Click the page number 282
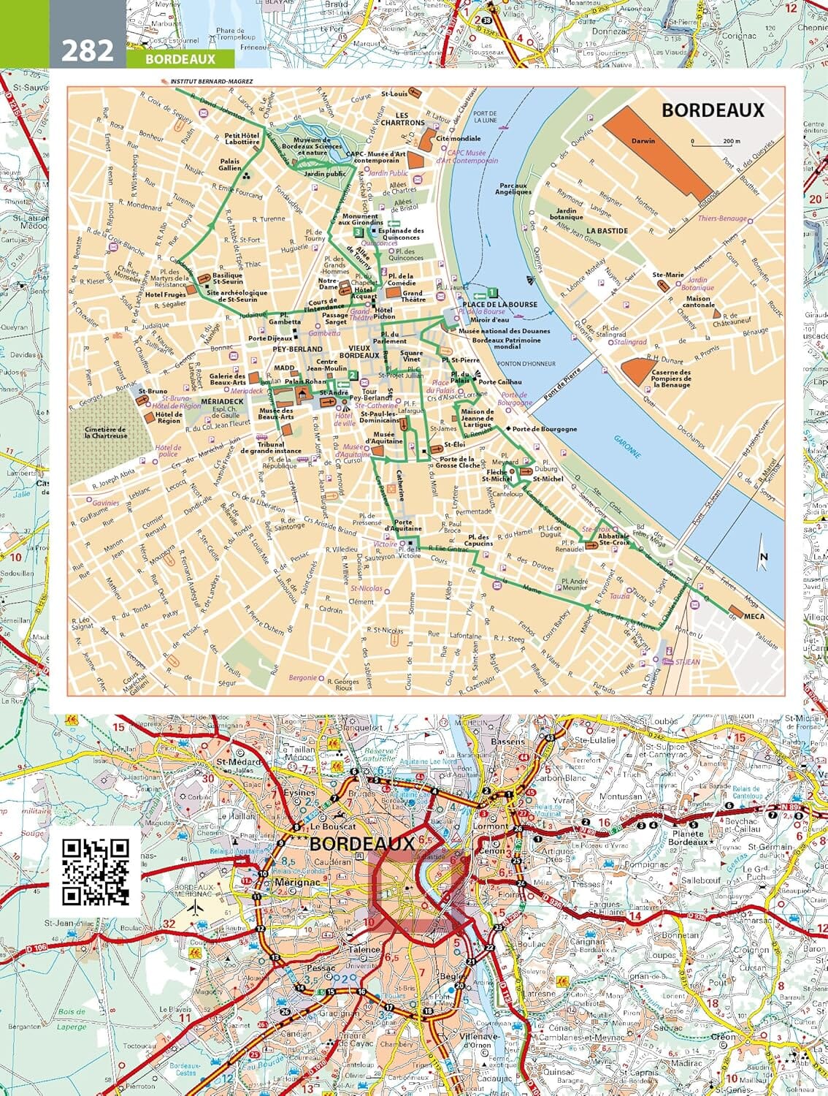pos(87,50)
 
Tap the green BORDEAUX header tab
pos(180,59)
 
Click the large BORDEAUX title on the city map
pos(712,110)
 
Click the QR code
pos(95,871)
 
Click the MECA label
pos(754,617)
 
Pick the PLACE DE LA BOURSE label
pos(499,304)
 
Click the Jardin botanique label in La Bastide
pos(567,213)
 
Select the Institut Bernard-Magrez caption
pos(211,81)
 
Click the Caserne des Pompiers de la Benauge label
pos(671,378)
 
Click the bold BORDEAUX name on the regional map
pos(362,842)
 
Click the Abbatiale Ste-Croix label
pos(613,540)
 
